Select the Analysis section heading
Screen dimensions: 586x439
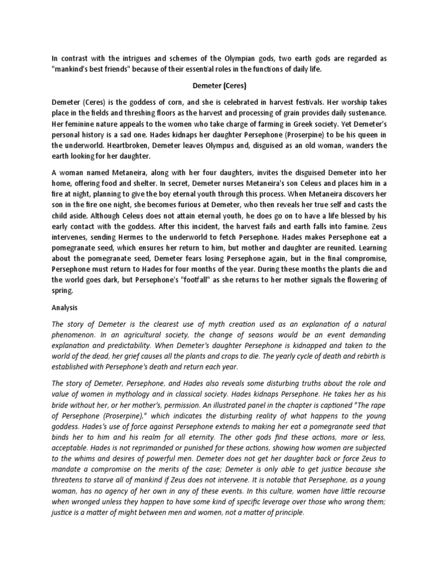pyautogui.click(x=66, y=307)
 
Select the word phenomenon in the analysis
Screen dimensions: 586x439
pyautogui.click(x=73, y=334)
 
